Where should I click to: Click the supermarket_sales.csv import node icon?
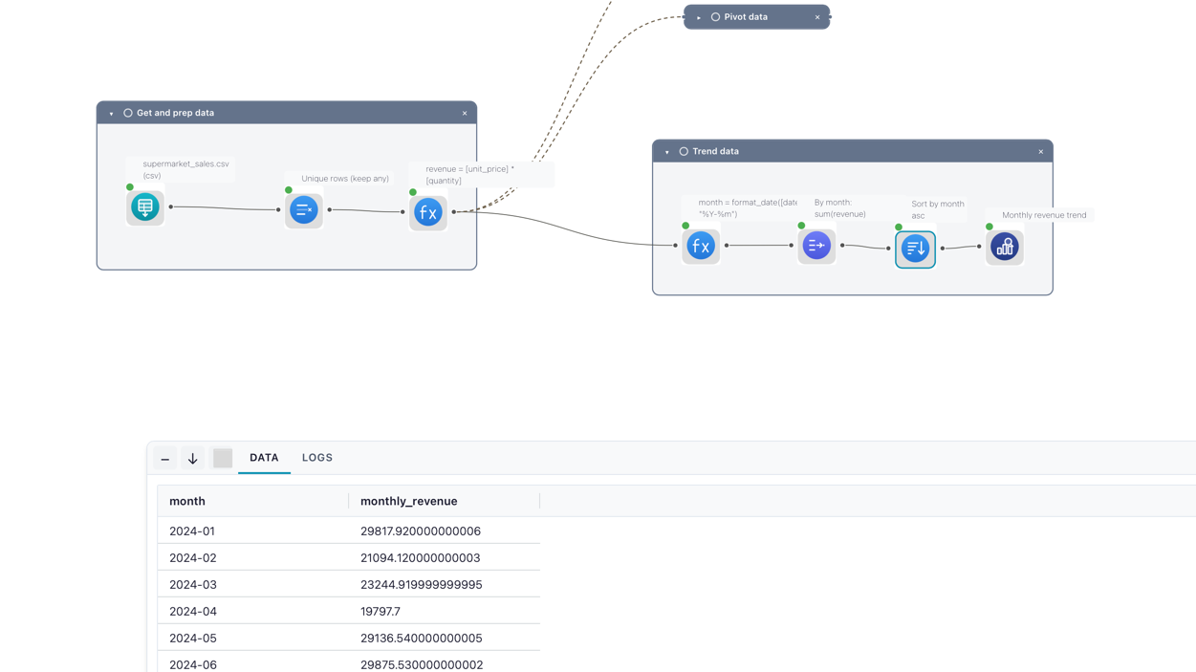(x=145, y=207)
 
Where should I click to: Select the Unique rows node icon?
(x=304, y=210)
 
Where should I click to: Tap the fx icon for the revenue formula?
(x=427, y=212)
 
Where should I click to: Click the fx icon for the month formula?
(x=701, y=246)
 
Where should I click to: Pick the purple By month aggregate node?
(x=816, y=246)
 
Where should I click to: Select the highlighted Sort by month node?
(x=915, y=249)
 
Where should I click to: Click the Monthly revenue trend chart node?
(x=1005, y=248)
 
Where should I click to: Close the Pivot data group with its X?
(x=816, y=17)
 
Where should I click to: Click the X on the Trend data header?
(x=1040, y=152)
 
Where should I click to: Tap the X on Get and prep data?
(x=465, y=113)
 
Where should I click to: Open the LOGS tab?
(x=317, y=458)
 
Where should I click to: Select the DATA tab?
(x=264, y=458)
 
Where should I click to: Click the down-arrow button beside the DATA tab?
(x=193, y=458)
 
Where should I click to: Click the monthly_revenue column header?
(x=408, y=501)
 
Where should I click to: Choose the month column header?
(x=186, y=501)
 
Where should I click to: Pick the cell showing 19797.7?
(x=381, y=611)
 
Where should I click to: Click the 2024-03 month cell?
(x=193, y=584)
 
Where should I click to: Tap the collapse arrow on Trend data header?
(x=667, y=152)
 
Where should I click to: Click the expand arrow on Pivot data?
(x=698, y=17)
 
